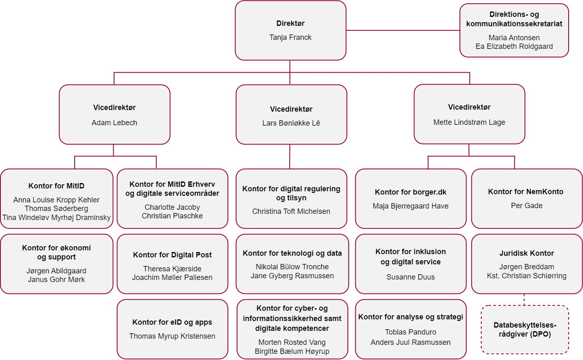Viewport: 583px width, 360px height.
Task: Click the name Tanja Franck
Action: click(290, 37)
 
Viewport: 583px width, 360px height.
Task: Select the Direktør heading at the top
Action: click(290, 23)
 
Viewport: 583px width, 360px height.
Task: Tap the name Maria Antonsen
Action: click(514, 38)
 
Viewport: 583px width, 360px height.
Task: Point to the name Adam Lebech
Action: click(114, 123)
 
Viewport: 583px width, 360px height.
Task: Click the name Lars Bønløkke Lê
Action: click(291, 123)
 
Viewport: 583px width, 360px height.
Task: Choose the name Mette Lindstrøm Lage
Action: click(469, 122)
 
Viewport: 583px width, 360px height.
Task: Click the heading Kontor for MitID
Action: click(57, 186)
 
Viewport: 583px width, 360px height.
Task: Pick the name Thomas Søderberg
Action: click(57, 209)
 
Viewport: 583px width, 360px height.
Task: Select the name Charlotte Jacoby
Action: click(172, 207)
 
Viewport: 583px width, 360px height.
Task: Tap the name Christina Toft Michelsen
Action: click(291, 211)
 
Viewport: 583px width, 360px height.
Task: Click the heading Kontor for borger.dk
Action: click(410, 192)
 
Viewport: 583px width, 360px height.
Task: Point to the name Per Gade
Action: click(526, 206)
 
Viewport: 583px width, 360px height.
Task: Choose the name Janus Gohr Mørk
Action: click(56, 280)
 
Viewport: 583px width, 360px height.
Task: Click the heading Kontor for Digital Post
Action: click(172, 255)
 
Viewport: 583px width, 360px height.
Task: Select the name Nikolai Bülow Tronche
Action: click(292, 267)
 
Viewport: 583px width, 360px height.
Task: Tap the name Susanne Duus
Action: click(410, 277)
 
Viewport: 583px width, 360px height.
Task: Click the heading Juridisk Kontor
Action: click(526, 253)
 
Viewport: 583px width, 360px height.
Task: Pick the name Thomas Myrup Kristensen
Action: click(172, 336)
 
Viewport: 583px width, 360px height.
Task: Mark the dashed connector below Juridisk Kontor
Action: click(524, 300)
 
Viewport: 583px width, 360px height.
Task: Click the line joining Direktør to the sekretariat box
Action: click(403, 30)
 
